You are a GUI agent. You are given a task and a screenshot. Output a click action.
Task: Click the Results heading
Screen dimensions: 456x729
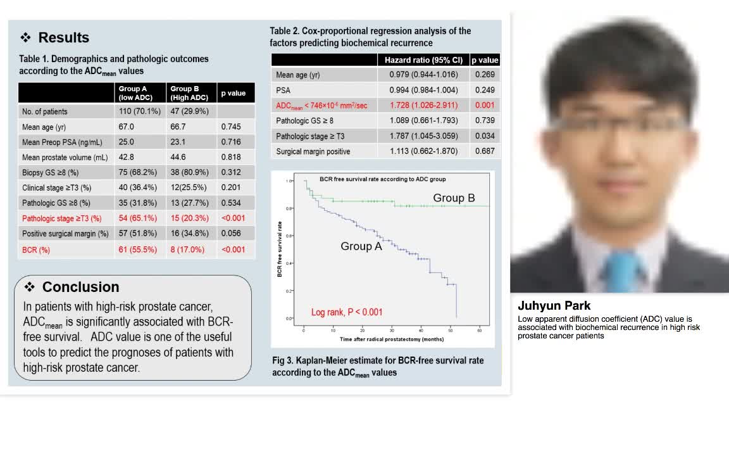click(x=63, y=37)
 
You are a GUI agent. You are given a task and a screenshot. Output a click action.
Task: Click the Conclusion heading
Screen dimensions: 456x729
click(x=80, y=287)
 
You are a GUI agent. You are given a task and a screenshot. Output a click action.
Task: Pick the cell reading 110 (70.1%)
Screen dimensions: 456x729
click(x=140, y=111)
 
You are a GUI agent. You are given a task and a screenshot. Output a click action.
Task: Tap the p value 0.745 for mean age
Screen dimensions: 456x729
click(x=231, y=127)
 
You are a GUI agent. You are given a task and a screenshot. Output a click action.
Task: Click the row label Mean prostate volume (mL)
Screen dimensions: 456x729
click(x=65, y=158)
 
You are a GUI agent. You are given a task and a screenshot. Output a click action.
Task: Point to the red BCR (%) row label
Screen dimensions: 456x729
click(x=36, y=250)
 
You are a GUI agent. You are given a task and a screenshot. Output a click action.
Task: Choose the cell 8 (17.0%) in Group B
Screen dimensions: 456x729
click(x=187, y=250)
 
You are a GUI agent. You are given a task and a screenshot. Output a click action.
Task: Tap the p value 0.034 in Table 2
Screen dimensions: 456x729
click(x=485, y=136)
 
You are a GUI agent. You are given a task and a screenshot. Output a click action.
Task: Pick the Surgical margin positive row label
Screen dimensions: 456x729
click(x=313, y=151)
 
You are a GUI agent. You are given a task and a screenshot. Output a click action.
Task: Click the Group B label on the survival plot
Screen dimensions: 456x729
click(x=454, y=198)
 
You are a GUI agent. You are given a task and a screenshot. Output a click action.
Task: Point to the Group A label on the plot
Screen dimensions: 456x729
click(x=361, y=246)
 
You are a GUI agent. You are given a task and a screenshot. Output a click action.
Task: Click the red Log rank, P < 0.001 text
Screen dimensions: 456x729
click(x=347, y=312)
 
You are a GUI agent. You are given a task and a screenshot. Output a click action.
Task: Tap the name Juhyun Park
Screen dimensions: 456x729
click(x=554, y=306)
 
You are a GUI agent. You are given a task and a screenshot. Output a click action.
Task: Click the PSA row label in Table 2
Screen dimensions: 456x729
click(x=283, y=91)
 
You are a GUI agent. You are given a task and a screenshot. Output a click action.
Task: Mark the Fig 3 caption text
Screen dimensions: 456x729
click(x=378, y=366)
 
